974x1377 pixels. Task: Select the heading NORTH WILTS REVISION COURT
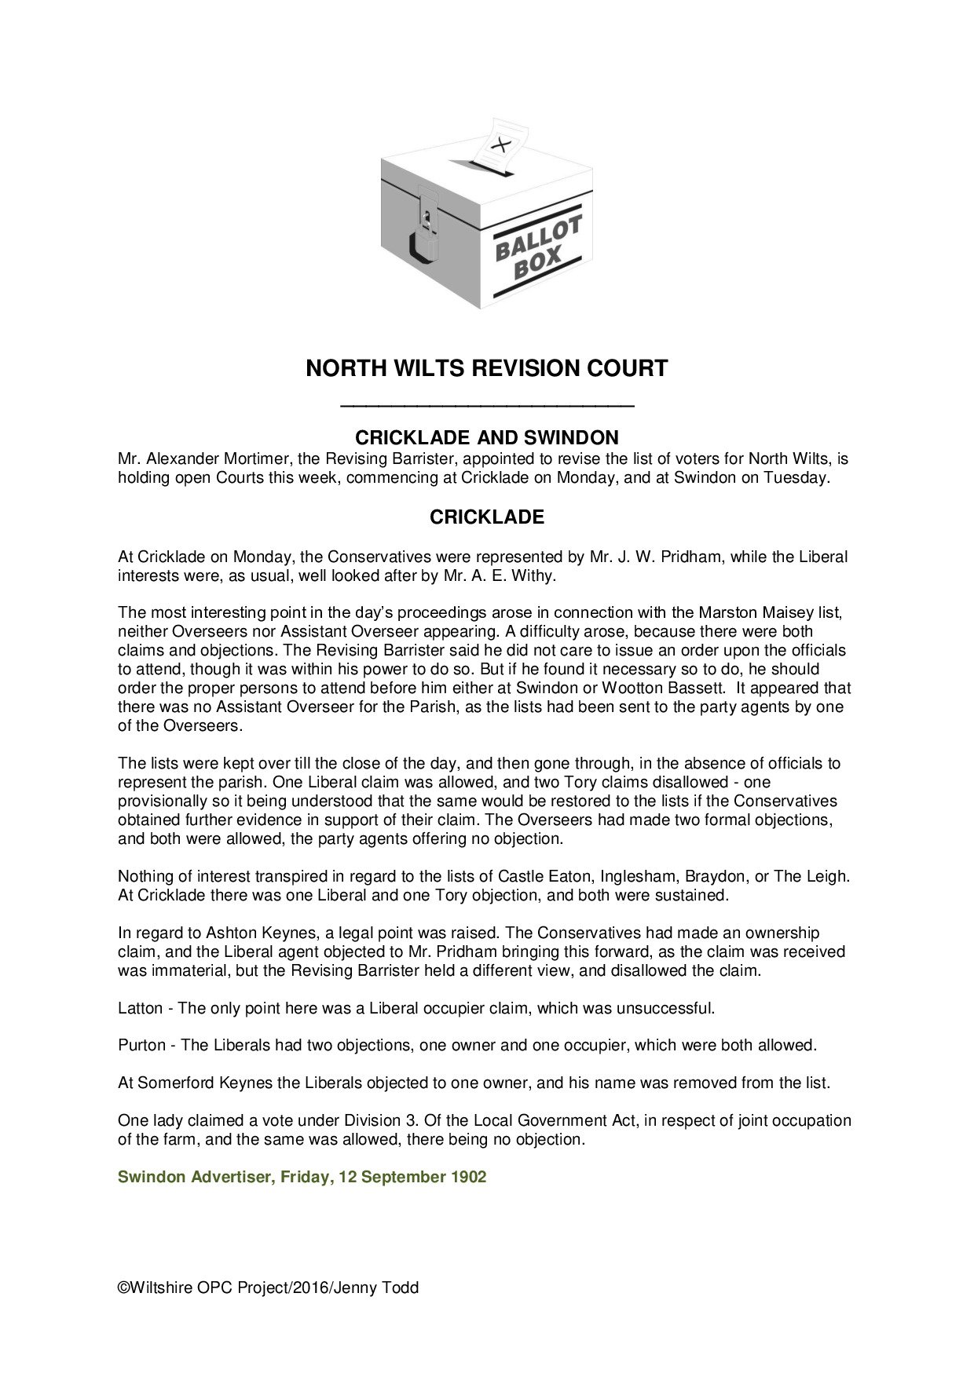pos(486,368)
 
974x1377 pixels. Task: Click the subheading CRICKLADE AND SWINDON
pos(487,437)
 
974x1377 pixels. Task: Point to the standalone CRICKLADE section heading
pos(487,517)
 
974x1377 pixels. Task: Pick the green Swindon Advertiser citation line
pos(302,1178)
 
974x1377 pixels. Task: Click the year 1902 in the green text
pos(469,1178)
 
